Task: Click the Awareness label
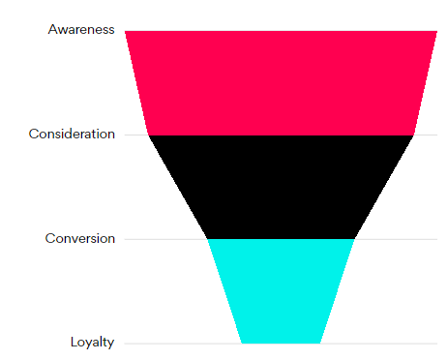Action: [x=81, y=29]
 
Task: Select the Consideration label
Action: [x=72, y=134]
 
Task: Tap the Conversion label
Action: [x=80, y=238]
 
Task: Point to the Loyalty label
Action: [x=92, y=343]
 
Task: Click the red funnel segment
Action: [x=281, y=83]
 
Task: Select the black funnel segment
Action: [x=281, y=187]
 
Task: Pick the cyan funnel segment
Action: [x=281, y=291]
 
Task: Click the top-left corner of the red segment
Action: [x=125, y=31]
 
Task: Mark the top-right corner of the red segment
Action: [x=437, y=31]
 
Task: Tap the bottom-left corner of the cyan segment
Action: [x=242, y=344]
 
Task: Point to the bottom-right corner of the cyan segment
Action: [x=320, y=344]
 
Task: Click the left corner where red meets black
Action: [x=149, y=135]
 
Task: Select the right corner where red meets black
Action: [x=414, y=135]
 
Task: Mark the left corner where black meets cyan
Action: [x=207, y=239]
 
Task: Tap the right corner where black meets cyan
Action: [x=355, y=239]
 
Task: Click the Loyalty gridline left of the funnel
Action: [x=183, y=344]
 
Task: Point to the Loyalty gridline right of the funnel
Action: [x=379, y=344]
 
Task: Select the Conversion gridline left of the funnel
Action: [x=165, y=239]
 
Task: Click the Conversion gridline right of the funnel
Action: [x=396, y=239]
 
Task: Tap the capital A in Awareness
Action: [x=52, y=29]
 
